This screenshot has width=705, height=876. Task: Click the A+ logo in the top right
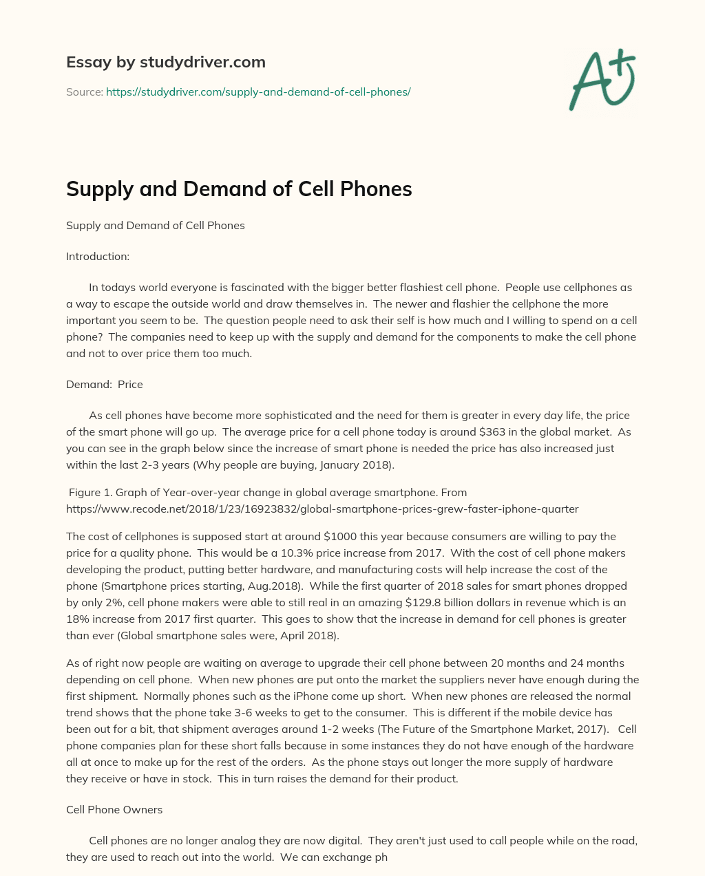click(x=602, y=80)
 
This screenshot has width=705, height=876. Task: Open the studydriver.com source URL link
click(x=258, y=92)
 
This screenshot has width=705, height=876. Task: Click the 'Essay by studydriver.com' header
click(x=165, y=62)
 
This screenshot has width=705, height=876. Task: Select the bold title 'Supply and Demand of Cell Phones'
click(x=239, y=189)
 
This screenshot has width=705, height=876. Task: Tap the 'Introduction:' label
click(x=98, y=256)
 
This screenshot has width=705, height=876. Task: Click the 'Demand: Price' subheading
click(x=105, y=384)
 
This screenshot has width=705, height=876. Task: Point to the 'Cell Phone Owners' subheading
click(x=114, y=809)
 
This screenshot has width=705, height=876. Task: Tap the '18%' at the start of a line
click(x=78, y=619)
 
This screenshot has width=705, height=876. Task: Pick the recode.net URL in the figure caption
click(x=322, y=509)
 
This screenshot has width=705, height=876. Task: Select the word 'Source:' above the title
click(x=85, y=92)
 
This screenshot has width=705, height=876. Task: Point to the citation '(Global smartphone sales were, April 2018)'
click(x=228, y=635)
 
